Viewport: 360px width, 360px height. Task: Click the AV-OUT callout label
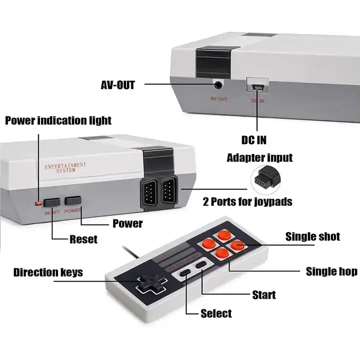coord(118,84)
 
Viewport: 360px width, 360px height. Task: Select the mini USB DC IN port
coord(258,87)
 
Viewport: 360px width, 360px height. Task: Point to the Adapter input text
coord(259,158)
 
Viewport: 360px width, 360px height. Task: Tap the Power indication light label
coord(58,120)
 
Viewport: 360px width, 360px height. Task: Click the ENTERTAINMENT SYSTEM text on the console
coord(65,167)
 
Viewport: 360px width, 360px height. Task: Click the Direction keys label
coord(48,273)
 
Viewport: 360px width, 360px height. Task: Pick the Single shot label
coord(312,236)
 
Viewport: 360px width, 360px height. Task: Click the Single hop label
coord(331,271)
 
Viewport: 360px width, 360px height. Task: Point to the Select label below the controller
coord(216,313)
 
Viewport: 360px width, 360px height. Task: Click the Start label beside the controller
coord(263,294)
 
